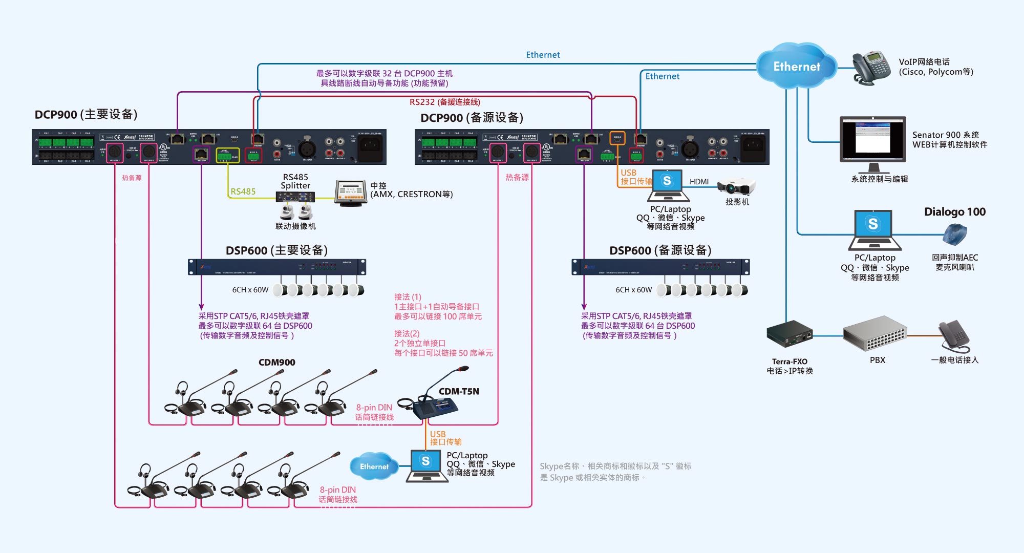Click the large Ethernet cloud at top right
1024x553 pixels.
[796, 66]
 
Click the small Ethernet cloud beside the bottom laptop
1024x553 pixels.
[374, 466]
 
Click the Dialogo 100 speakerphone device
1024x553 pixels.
[954, 235]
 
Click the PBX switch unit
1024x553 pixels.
[875, 334]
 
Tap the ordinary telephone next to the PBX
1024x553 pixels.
[954, 335]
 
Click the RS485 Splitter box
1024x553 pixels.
[295, 197]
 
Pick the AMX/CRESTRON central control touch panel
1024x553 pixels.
[351, 193]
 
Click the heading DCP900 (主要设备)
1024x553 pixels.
[86, 114]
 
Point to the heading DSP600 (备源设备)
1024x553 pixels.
[660, 250]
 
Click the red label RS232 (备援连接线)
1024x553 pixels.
[444, 102]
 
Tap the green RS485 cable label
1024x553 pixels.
[243, 192]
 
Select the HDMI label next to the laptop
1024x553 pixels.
[699, 182]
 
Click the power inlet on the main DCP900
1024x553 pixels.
[370, 146]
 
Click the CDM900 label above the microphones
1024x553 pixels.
[276, 363]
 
